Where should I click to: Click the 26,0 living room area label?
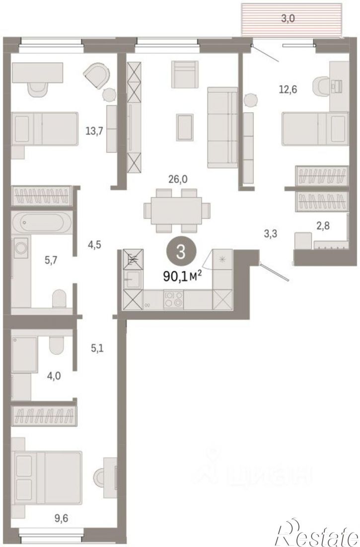click(178, 179)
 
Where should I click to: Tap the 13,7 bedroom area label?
click(94, 131)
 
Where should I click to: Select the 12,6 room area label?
click(288, 90)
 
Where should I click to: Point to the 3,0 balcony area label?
click(288, 18)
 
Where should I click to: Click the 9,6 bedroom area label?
click(61, 518)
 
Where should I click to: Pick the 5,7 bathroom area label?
click(51, 260)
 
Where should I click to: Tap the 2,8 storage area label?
click(323, 226)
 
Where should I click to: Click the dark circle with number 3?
click(181, 252)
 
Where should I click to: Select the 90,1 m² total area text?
click(183, 276)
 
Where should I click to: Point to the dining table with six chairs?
click(177, 210)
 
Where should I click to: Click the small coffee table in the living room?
click(185, 127)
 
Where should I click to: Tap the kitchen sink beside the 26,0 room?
click(133, 279)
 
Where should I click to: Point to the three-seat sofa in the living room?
click(222, 128)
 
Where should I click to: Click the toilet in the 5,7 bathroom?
click(59, 298)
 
